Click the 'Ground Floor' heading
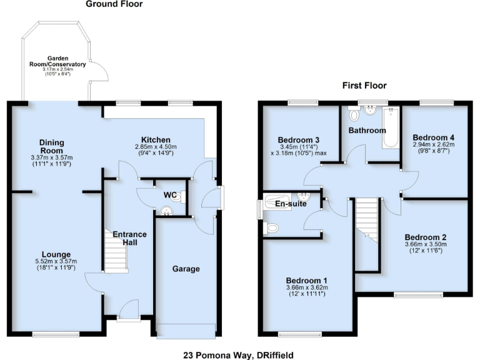[x=114, y=4]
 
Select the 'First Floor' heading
[x=364, y=86]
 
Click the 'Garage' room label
[x=186, y=269]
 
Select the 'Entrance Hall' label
[x=129, y=238]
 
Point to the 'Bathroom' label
[x=367, y=131]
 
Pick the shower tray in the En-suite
[x=280, y=201]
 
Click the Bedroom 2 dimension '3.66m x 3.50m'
[x=426, y=245]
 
